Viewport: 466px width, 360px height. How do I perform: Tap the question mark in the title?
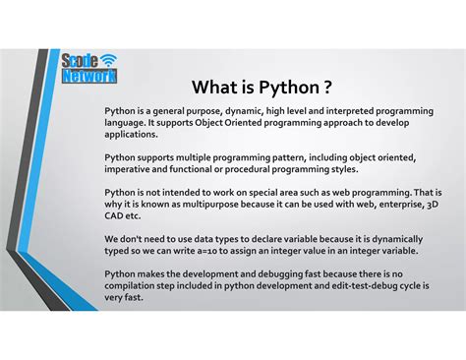[x=339, y=87]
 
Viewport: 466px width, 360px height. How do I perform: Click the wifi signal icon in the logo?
[x=107, y=61]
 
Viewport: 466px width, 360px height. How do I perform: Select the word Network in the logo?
[x=89, y=76]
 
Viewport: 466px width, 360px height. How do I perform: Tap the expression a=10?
[x=235, y=250]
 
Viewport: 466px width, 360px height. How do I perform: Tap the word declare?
[x=253, y=239]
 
